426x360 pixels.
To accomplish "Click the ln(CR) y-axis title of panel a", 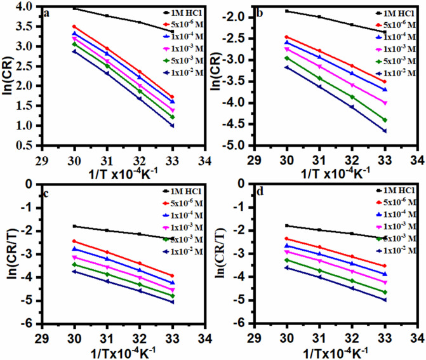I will pyautogui.click(x=8, y=76).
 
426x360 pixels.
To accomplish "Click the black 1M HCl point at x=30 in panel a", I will pyautogui.click(x=74, y=8).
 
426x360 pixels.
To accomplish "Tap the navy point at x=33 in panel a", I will pyautogui.click(x=172, y=125).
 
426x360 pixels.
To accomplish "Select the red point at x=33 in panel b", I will pyautogui.click(x=384, y=81).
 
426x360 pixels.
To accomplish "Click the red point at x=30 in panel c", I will pyautogui.click(x=74, y=241).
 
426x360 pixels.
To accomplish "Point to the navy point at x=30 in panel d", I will pyautogui.click(x=287, y=268).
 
